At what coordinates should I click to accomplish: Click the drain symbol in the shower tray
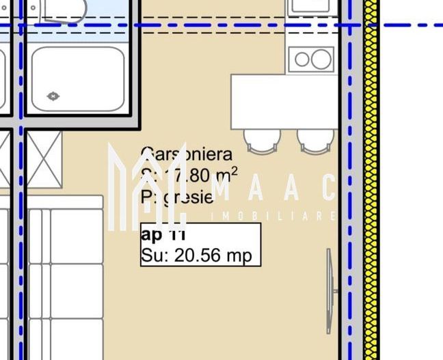(53, 96)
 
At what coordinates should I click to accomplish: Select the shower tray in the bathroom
(77, 79)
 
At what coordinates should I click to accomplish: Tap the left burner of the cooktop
(301, 59)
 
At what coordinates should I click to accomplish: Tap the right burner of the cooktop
(321, 59)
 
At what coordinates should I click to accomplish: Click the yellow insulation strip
(371, 205)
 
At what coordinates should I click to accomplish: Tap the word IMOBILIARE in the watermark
(273, 217)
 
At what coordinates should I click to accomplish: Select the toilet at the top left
(62, 10)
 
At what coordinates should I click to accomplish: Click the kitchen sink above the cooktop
(312, 7)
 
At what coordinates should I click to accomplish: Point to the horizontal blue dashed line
(205, 25)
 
